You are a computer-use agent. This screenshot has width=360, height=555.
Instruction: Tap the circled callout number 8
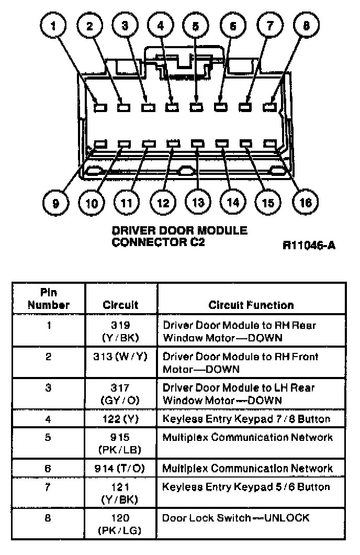(306, 26)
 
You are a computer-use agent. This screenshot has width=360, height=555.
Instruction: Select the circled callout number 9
(56, 202)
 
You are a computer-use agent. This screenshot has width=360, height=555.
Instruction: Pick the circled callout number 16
(306, 202)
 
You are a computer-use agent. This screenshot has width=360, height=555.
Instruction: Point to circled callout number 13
(197, 202)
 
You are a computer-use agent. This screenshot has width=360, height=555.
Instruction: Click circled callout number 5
(195, 26)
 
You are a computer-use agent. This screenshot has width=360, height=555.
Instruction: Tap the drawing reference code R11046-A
(309, 245)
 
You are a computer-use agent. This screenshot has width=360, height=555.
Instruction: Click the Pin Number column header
(49, 298)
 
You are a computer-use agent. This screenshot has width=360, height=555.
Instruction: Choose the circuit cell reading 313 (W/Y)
(121, 357)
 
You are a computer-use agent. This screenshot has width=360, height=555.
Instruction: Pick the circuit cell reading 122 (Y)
(121, 419)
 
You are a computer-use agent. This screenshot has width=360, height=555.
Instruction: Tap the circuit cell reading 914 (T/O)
(121, 469)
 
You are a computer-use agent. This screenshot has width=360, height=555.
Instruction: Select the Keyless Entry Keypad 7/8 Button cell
(246, 419)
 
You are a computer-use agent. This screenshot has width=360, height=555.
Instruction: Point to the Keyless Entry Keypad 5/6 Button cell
(246, 487)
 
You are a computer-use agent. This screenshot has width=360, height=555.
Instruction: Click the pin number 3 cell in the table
(49, 388)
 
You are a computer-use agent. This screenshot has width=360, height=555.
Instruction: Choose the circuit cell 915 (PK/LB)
(121, 443)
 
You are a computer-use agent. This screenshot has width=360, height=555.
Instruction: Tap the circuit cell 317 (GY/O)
(121, 394)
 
